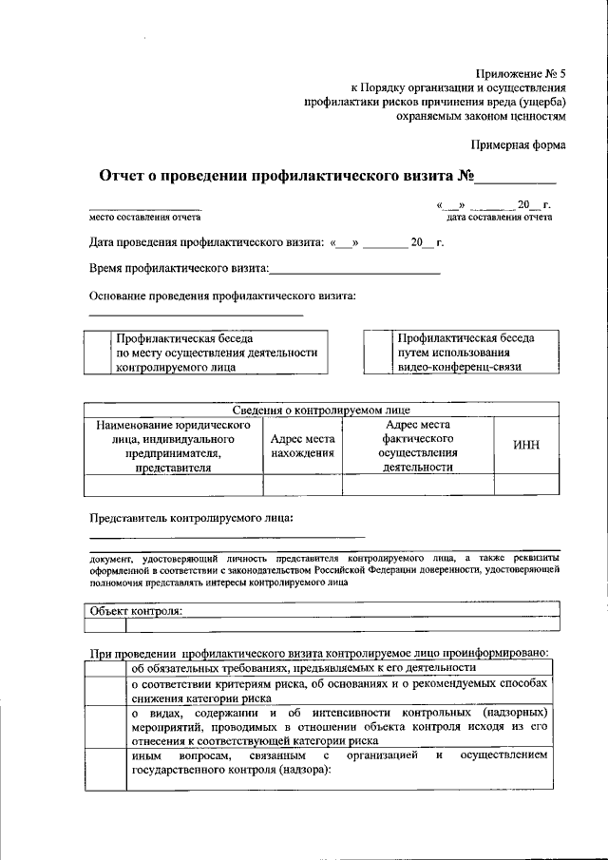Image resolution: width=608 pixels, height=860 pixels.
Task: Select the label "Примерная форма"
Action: (x=518, y=145)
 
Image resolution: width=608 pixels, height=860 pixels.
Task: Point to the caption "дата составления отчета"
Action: (x=499, y=218)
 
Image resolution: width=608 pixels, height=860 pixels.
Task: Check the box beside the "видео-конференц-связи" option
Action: (x=378, y=352)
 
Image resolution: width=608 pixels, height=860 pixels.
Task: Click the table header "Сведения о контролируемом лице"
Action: (x=321, y=411)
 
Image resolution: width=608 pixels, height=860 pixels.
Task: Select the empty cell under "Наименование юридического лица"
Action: (x=173, y=485)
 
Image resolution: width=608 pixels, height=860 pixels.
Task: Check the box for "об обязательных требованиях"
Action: (x=104, y=667)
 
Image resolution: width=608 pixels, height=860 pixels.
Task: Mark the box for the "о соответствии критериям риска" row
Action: (x=104, y=690)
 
